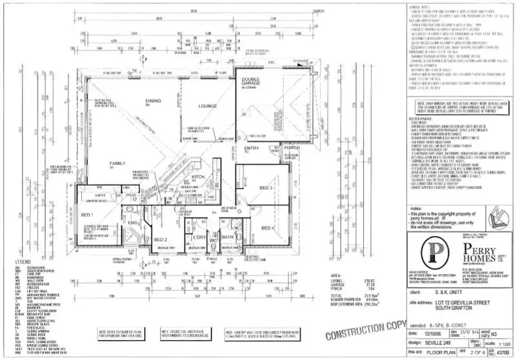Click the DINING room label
click(x=153, y=101)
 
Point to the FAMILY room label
click(x=117, y=164)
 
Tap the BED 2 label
click(x=161, y=239)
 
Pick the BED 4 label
click(x=267, y=228)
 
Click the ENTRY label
click(x=251, y=148)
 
